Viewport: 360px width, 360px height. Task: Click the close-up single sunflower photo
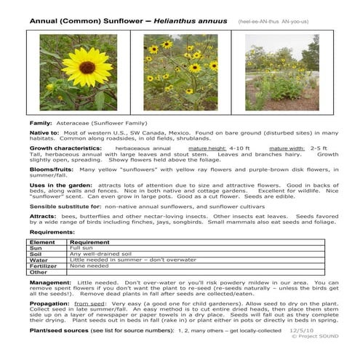78,73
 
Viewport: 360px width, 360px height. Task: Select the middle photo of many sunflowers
180,73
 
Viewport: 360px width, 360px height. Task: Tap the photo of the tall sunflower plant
281,73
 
